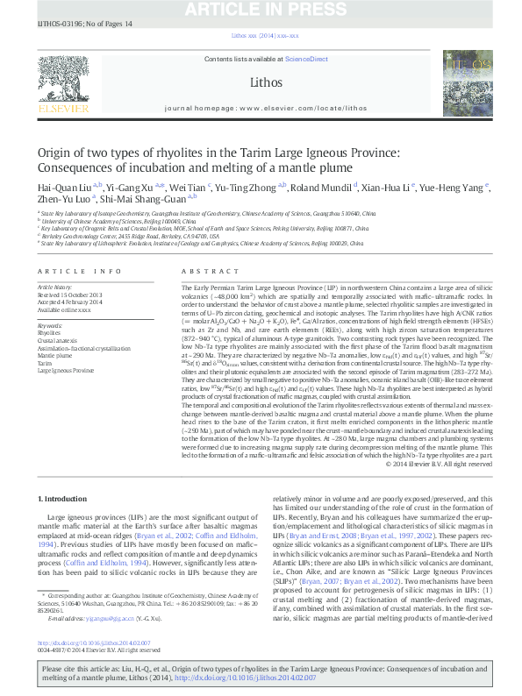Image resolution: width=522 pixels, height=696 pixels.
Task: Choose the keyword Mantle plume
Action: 55,356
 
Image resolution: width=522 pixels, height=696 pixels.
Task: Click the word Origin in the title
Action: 55,153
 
